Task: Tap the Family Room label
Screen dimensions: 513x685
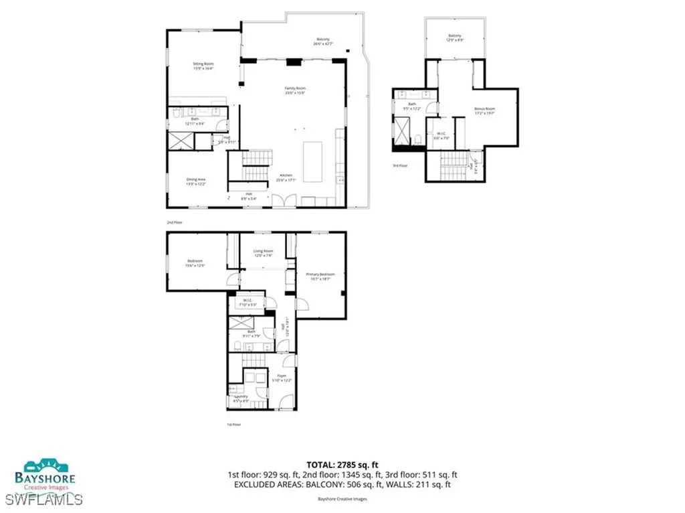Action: click(295, 90)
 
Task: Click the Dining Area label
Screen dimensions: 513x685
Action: click(195, 181)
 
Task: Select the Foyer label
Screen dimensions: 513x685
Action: click(282, 378)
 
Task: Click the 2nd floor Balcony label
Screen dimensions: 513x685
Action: click(323, 41)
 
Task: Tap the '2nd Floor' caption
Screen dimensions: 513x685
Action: click(175, 222)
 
